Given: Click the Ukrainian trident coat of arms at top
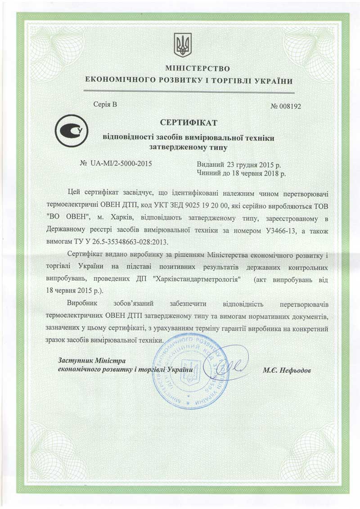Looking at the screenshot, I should [x=183, y=45].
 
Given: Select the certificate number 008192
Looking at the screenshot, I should [x=290, y=107].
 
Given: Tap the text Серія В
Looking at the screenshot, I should [x=105, y=105].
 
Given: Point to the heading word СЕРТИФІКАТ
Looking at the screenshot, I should [x=189, y=122].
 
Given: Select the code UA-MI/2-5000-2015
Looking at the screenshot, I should [x=121, y=163].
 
